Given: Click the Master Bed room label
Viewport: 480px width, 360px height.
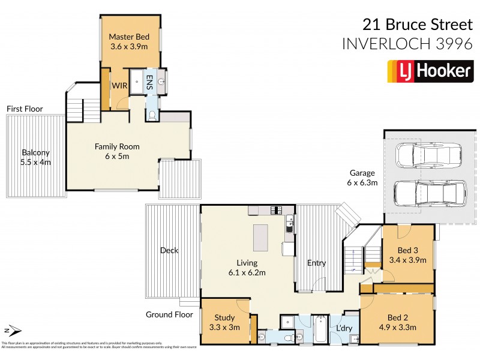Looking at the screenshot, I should (x=128, y=37).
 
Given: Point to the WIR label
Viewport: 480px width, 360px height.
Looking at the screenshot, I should (x=118, y=86).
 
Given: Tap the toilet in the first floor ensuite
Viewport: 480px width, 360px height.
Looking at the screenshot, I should (x=152, y=114).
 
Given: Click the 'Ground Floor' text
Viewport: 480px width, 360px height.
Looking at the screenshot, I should (x=169, y=314).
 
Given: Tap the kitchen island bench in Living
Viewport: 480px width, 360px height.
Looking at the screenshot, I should (x=261, y=238).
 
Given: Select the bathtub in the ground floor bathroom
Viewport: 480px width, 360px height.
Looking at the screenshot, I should (x=319, y=331).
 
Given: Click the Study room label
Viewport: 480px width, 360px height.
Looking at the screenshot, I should (x=223, y=317).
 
